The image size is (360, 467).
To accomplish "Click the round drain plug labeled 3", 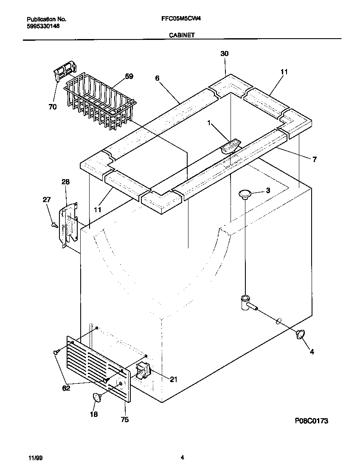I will [245, 194].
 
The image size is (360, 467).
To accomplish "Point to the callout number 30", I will [224, 53].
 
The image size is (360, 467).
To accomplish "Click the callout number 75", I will [124, 420].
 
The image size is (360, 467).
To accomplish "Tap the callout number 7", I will [315, 160].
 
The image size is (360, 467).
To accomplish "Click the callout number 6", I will [157, 78].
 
